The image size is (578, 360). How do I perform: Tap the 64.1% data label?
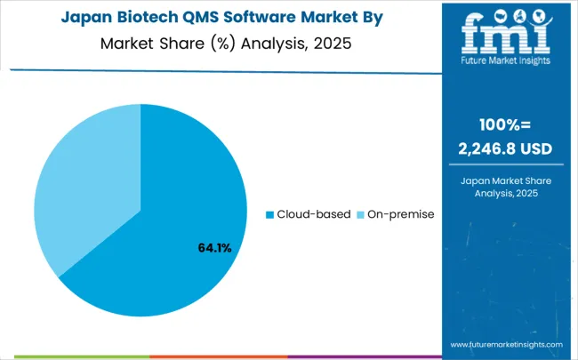[214, 248]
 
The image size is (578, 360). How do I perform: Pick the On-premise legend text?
[398, 214]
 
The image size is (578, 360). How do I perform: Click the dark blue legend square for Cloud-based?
[270, 214]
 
